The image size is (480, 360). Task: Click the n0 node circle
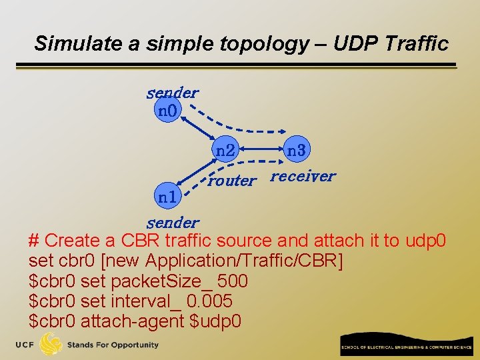pos(167,110)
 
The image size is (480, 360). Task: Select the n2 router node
pos(225,151)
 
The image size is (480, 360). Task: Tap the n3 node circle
pos(296,151)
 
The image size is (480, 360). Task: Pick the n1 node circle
pos(167,197)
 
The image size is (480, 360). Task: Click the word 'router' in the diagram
pos(231,180)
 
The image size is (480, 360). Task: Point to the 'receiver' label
pos(303,176)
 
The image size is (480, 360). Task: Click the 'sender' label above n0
pos(172,93)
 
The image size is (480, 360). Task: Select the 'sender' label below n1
pos(173,222)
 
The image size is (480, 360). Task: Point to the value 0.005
pos(209,301)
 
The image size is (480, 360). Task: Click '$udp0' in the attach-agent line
pos(216,321)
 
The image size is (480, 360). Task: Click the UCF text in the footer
pos(26,345)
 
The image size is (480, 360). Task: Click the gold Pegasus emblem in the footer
pos(51,344)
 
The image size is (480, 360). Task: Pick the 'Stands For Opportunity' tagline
pos(113,345)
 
